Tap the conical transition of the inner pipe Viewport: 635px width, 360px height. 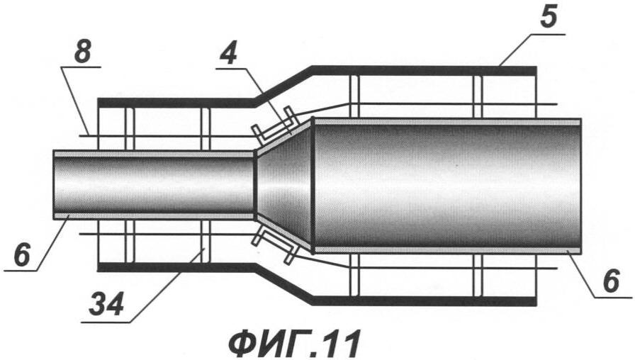click(x=283, y=184)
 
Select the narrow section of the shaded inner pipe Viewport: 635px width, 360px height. click(x=152, y=184)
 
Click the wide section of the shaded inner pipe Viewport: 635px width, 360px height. click(x=446, y=184)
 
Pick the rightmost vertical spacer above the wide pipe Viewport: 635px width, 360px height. click(x=477, y=95)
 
